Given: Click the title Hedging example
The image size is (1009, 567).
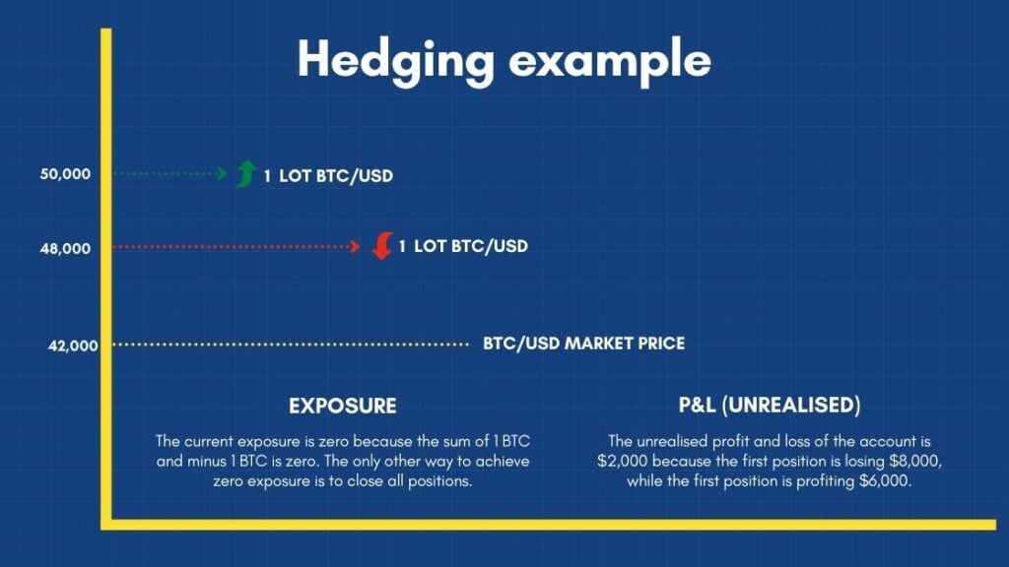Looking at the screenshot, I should point(504,60).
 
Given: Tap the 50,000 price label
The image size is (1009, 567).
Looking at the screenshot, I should point(66,174).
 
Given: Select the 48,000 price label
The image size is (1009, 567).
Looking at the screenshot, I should point(66,248).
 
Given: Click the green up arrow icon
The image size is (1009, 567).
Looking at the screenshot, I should point(246,173).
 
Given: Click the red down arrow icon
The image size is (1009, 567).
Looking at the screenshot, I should point(382,246).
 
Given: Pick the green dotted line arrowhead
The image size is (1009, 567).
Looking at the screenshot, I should point(223,174).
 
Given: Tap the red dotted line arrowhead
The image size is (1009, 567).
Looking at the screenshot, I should point(357,247).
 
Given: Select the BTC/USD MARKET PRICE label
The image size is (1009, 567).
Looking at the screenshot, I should point(583,344).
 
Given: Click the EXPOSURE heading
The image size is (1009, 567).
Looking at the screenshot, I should point(343,406).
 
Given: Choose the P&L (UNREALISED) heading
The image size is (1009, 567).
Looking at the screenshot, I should point(770,406).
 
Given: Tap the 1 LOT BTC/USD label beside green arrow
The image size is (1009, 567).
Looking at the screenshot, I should point(328,177).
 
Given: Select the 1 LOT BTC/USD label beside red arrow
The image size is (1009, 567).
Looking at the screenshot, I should point(463,246).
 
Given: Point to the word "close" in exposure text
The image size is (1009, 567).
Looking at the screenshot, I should point(399,481).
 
